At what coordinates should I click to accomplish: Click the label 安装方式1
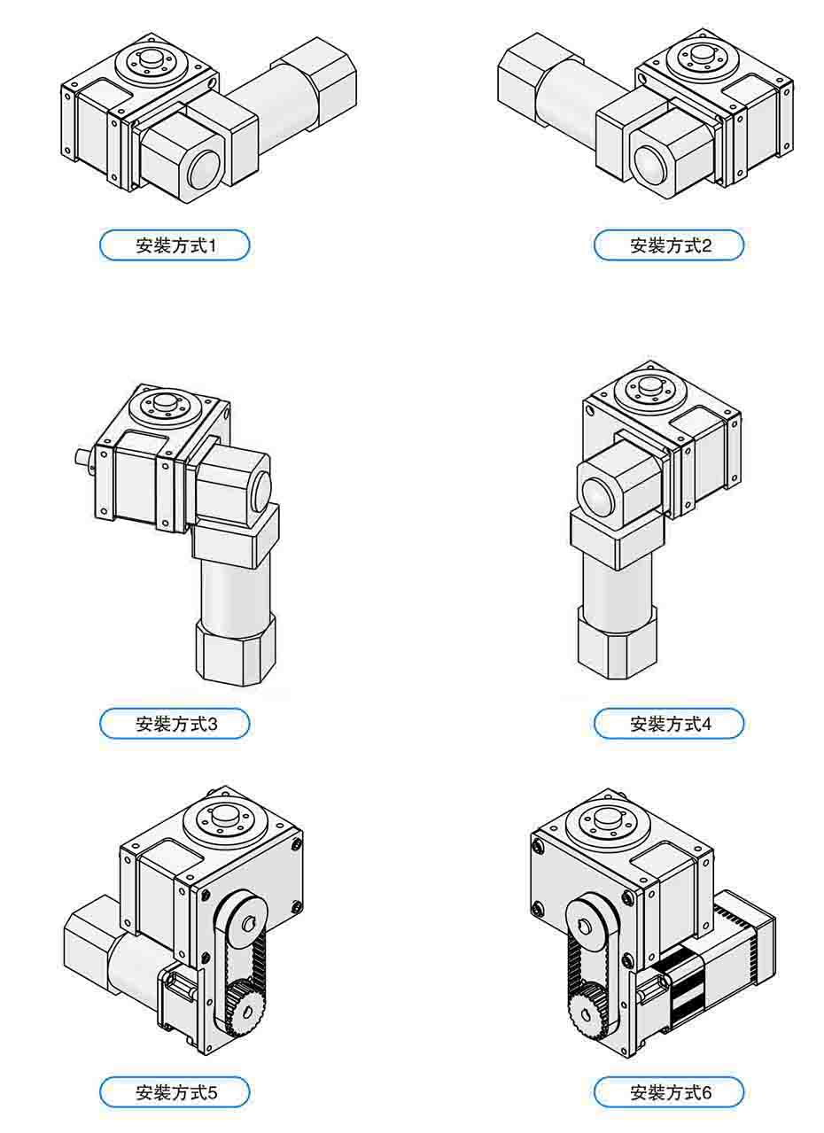point(175,245)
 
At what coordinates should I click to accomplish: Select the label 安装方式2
point(669,245)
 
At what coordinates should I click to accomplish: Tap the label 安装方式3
point(175,724)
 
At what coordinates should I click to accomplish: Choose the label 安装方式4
point(669,724)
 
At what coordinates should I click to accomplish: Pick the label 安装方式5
point(175,1092)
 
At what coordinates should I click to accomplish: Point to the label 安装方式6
point(669,1092)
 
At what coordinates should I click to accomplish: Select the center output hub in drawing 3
point(164,404)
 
